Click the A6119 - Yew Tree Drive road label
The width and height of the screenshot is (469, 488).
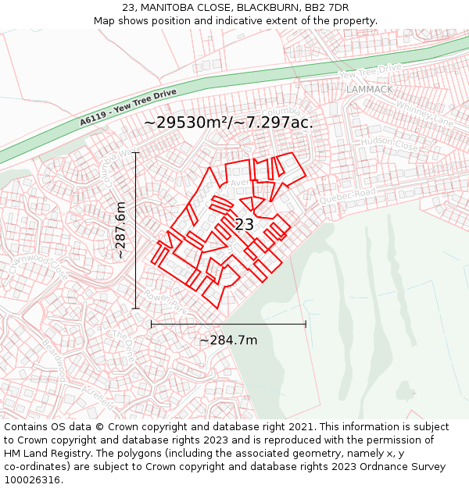(x=128, y=108)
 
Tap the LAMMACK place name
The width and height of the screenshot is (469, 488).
(x=370, y=89)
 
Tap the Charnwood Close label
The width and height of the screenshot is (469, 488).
(x=38, y=262)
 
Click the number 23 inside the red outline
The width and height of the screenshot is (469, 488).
(x=244, y=225)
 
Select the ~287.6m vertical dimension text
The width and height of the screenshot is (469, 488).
(x=120, y=231)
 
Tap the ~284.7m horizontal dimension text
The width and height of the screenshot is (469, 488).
(x=228, y=340)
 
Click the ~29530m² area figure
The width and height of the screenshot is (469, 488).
(x=185, y=123)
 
